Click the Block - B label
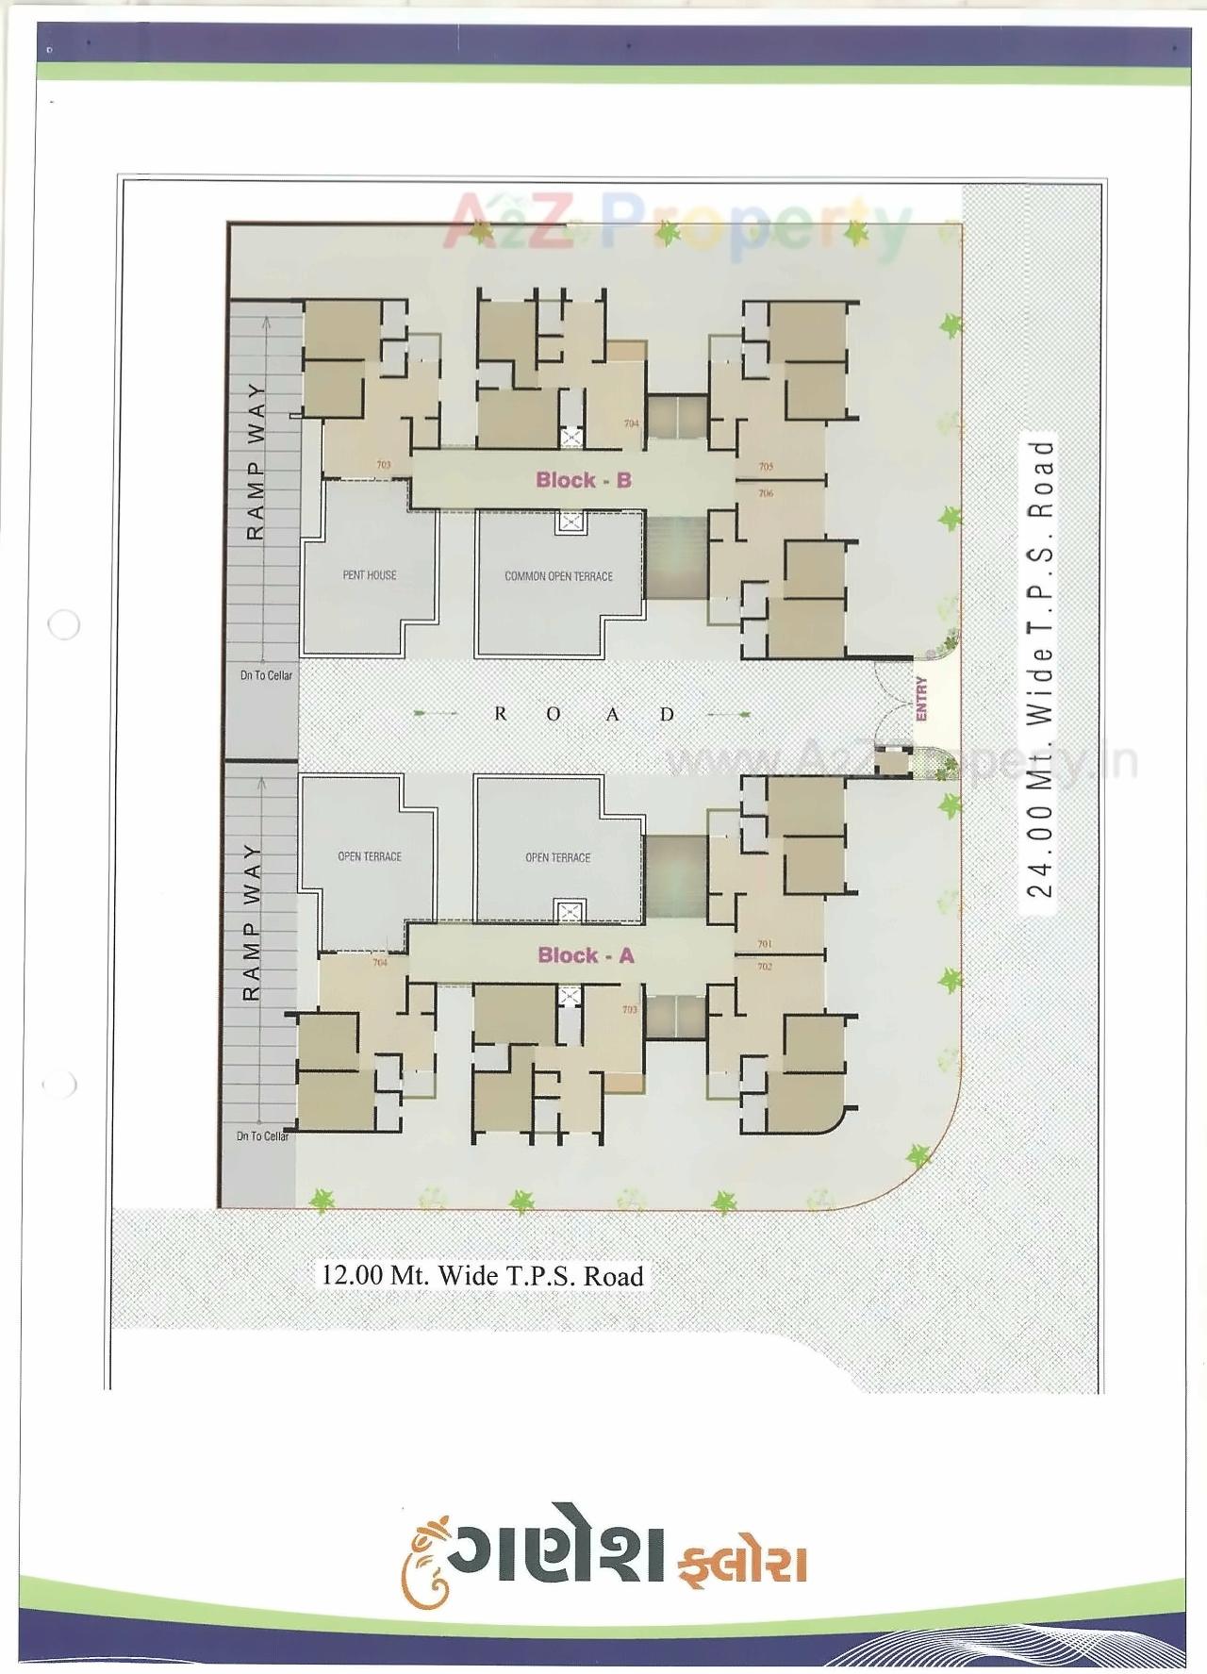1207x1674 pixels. click(x=583, y=480)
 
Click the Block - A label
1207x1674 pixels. click(x=585, y=955)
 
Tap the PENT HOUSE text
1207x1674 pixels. click(x=370, y=575)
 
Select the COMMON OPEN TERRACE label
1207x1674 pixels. click(x=558, y=576)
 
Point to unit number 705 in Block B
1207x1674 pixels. click(x=766, y=467)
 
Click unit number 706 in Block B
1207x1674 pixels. click(x=766, y=493)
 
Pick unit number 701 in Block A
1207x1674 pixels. click(x=764, y=944)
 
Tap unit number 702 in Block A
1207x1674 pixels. click(x=764, y=967)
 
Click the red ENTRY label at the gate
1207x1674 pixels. click(x=921, y=699)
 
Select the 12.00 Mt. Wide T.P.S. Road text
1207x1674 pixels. click(x=482, y=1276)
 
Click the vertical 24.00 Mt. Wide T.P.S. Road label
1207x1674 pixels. click(x=1038, y=668)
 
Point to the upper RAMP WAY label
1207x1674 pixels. click(x=255, y=461)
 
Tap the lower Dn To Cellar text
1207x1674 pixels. click(x=262, y=1136)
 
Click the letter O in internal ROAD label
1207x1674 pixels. click(x=554, y=715)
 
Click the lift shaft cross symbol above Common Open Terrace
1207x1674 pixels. click(x=570, y=522)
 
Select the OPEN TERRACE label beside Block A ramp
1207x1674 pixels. click(x=370, y=857)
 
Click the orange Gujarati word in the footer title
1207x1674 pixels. click(x=742, y=1563)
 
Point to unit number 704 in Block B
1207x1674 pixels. click(x=631, y=423)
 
